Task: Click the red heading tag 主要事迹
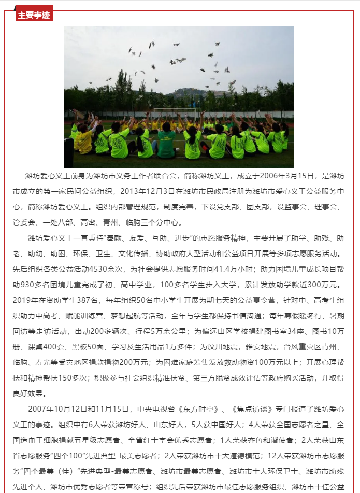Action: click(x=34, y=15)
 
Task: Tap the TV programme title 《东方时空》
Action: click(x=191, y=409)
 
